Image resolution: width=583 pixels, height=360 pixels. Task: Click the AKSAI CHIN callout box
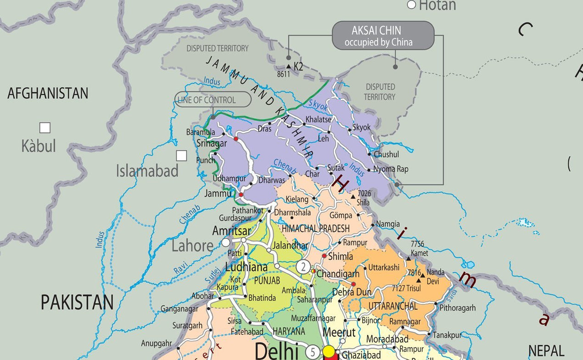click(x=383, y=36)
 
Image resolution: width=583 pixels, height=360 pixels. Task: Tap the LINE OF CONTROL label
click(x=213, y=100)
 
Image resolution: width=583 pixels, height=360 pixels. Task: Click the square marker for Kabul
click(x=45, y=128)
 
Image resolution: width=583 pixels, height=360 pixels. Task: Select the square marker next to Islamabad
click(x=182, y=156)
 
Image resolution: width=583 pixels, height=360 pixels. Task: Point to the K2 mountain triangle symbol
click(x=288, y=67)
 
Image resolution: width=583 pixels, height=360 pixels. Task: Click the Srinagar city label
click(x=212, y=143)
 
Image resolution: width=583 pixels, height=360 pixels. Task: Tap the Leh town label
click(x=324, y=138)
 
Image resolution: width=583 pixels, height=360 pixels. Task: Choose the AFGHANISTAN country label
click(x=48, y=94)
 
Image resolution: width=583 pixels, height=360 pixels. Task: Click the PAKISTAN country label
click(x=77, y=303)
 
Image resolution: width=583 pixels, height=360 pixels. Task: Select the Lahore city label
click(x=192, y=246)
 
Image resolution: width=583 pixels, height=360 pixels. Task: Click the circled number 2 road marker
click(x=303, y=266)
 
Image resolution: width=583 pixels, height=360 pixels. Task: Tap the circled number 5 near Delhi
click(x=313, y=352)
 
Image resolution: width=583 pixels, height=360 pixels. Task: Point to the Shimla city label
click(x=340, y=257)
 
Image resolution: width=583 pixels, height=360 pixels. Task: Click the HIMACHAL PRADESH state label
click(x=315, y=229)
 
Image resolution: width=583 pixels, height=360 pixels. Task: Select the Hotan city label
click(x=437, y=6)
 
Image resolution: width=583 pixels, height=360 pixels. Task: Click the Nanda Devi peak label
click(x=435, y=276)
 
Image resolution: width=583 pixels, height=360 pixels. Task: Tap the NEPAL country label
click(x=546, y=351)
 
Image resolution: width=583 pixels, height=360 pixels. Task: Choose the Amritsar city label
click(x=231, y=231)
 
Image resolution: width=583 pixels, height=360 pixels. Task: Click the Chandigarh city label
click(x=338, y=274)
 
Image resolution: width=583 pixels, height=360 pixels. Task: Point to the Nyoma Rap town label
click(x=391, y=169)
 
